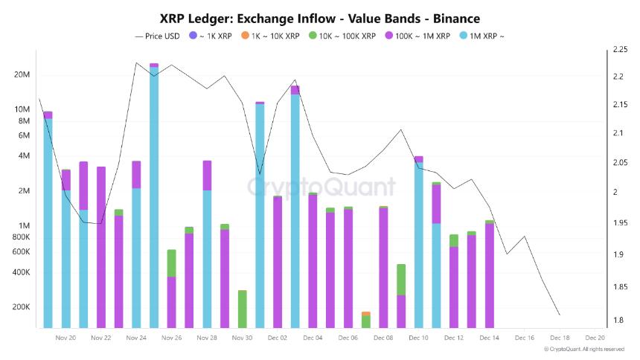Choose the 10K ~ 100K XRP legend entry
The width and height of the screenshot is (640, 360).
coord(344,36)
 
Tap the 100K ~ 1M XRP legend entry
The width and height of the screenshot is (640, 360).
coord(421,36)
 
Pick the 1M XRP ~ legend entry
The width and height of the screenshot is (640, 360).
coord(484,36)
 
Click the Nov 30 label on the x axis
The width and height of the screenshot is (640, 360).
coord(242,338)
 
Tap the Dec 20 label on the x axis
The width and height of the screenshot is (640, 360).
coord(595,338)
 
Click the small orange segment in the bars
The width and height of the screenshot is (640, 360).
coord(365,314)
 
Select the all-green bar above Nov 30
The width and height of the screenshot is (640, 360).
coord(242,309)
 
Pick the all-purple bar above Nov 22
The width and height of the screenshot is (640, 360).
coord(101,245)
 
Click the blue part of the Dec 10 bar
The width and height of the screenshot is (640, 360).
coord(418,245)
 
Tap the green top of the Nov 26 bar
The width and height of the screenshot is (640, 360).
coord(171,263)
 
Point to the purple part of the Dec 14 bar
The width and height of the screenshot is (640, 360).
coord(489,275)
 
